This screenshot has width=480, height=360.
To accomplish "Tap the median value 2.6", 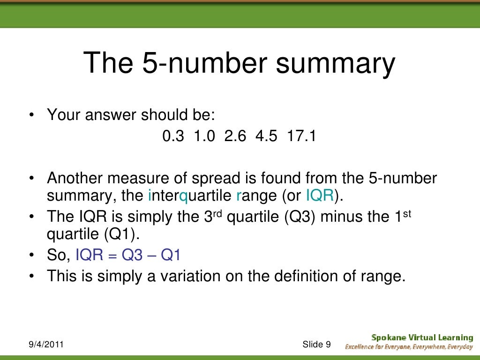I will tap(234, 137).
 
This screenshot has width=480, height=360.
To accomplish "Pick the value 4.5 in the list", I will tap(265, 137).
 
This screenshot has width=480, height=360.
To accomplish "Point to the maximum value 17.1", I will tap(301, 137).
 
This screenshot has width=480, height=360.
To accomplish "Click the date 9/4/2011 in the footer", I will tap(45, 345).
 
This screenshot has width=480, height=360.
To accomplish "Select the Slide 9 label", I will tap(316, 345).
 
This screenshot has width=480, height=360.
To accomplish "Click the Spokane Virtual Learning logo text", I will tap(422, 337).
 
